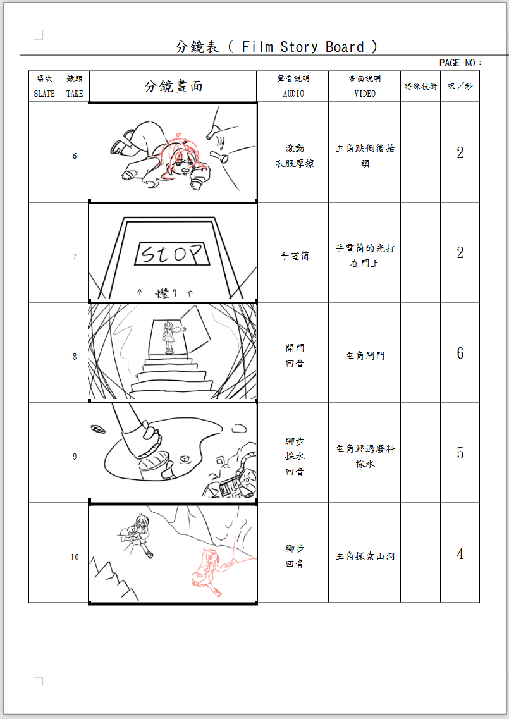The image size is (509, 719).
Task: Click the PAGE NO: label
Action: [x=460, y=63]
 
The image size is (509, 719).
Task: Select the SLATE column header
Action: [x=44, y=87]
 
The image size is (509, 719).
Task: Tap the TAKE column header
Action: [x=75, y=87]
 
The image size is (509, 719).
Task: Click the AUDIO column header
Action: [x=293, y=87]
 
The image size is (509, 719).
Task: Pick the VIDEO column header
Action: [x=364, y=87]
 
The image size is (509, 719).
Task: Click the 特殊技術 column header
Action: [x=420, y=87]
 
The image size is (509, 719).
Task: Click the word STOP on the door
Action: [x=172, y=254]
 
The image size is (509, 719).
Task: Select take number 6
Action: [x=75, y=156]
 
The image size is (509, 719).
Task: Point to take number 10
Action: [x=75, y=557]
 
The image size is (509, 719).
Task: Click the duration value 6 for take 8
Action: [x=460, y=353]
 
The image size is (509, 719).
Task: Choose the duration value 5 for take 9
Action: [x=460, y=453]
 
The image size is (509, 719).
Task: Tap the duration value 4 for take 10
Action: [x=460, y=554]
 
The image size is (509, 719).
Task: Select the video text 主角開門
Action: [x=365, y=356]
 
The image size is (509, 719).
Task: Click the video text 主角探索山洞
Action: [x=365, y=556]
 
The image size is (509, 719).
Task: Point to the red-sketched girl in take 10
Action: [x=209, y=569]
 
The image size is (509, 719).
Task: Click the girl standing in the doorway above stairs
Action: [x=169, y=337]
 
